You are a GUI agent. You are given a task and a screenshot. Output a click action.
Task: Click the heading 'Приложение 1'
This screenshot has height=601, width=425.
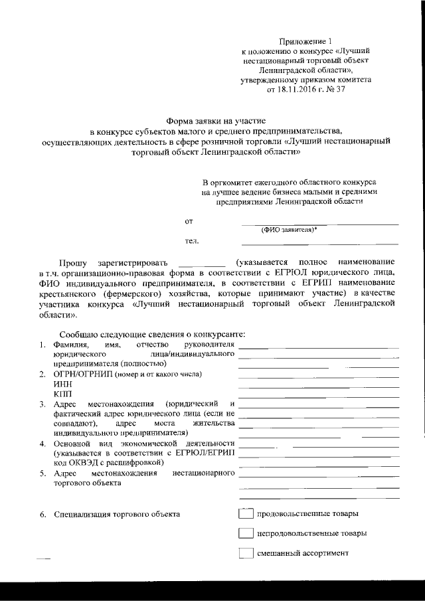(305, 41)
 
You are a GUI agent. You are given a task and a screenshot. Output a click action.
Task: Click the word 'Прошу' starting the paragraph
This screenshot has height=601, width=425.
(72, 263)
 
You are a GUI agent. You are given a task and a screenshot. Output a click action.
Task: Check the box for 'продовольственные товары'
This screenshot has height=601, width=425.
(246, 514)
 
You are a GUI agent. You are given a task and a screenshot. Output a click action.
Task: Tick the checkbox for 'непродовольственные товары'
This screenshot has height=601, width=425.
(246, 533)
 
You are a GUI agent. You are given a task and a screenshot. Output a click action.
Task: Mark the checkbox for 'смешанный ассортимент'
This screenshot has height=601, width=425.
(246, 553)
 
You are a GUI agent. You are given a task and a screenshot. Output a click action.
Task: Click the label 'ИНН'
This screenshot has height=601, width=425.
(62, 383)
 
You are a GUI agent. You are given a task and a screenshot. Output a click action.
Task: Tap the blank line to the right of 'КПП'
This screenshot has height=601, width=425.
(319, 396)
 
